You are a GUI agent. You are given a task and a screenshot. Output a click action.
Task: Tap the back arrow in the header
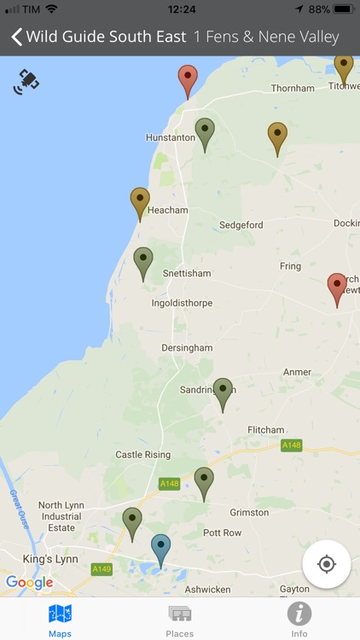tap(16, 38)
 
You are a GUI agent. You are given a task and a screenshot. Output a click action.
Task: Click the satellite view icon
tap(26, 82)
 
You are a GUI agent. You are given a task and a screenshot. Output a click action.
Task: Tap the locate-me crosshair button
tap(326, 564)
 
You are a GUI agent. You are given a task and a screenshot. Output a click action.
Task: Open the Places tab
tap(179, 620)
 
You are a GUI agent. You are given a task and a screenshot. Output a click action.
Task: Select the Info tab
tap(299, 620)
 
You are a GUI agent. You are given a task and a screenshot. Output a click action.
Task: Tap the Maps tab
tap(60, 620)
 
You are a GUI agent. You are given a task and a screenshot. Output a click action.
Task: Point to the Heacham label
tap(161, 210)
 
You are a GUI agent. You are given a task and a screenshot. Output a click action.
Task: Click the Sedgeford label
tap(241, 225)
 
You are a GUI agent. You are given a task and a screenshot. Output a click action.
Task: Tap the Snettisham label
tap(186, 273)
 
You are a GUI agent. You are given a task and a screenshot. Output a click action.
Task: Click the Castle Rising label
tap(142, 455)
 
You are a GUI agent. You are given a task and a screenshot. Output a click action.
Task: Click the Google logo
tap(29, 583)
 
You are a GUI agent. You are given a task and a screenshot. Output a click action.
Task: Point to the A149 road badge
tap(102, 569)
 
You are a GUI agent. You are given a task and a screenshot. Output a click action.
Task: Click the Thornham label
tap(293, 88)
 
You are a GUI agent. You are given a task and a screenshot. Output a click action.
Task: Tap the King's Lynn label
tap(51, 559)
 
